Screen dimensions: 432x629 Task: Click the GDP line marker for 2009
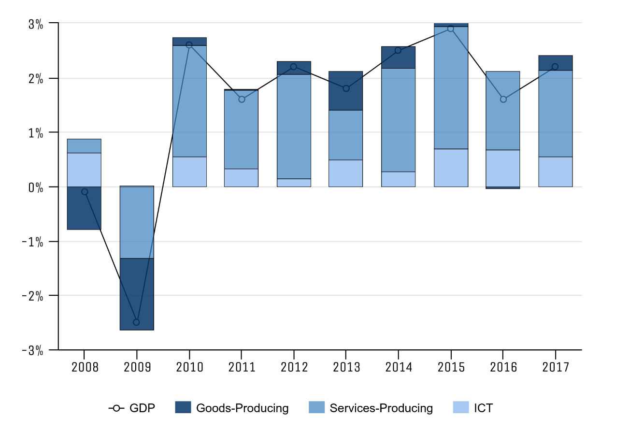tap(136, 322)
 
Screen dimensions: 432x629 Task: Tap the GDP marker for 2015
tap(451, 29)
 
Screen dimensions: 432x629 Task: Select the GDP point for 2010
tap(189, 45)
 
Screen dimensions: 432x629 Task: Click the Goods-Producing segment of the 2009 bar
tap(137, 294)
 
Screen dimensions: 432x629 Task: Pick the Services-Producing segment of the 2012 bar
tap(294, 127)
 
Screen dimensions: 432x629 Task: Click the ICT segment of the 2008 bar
tap(84, 170)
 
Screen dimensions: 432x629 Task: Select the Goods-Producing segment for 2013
tap(346, 91)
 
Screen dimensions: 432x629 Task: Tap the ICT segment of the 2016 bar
tap(503, 168)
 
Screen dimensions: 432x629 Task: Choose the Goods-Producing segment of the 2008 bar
tap(84, 208)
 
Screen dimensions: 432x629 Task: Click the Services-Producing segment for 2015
tap(451, 87)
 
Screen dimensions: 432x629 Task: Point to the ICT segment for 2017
tap(555, 172)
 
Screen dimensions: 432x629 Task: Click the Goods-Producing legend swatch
tap(183, 408)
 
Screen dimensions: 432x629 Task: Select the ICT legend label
tap(483, 408)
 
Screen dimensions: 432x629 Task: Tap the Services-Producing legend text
tap(381, 408)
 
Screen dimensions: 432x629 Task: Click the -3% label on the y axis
tap(33, 350)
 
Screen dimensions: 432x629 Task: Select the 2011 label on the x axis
tap(242, 367)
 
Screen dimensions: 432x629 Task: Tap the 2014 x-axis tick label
tap(399, 367)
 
